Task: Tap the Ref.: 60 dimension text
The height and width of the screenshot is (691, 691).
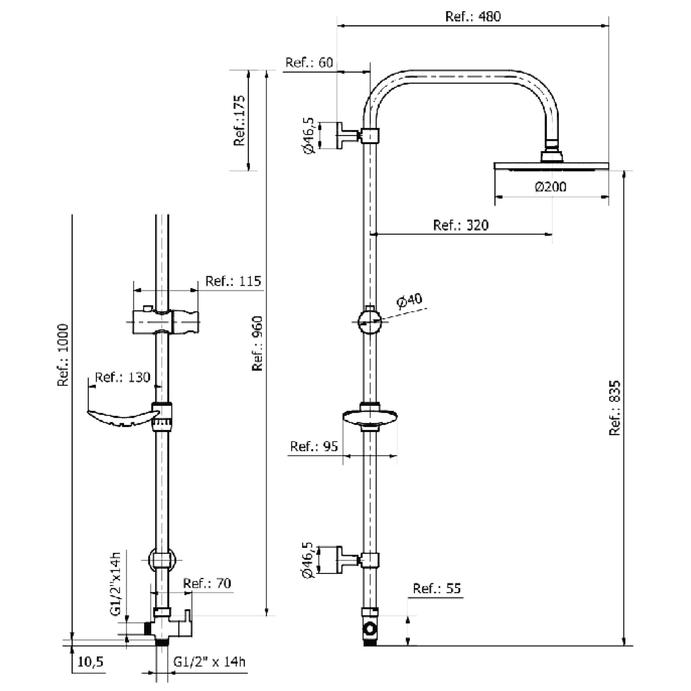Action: [x=309, y=63]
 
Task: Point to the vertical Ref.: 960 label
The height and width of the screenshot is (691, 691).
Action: [x=257, y=343]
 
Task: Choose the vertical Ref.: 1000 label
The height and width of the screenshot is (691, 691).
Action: [x=63, y=355]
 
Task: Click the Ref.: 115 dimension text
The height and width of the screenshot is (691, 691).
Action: [x=233, y=281]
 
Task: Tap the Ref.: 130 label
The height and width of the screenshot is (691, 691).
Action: [x=123, y=377]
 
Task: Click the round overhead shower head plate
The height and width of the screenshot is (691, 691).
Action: [x=551, y=166]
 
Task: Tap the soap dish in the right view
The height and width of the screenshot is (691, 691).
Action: [x=370, y=417]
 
